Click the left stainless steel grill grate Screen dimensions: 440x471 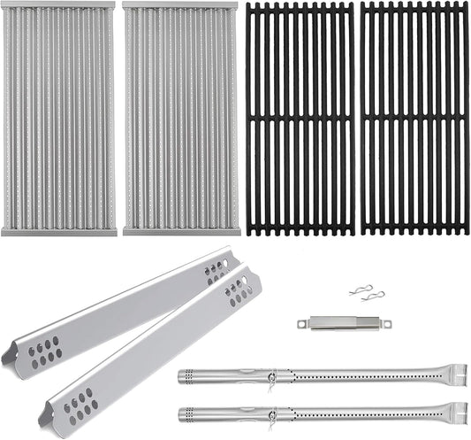(x=59, y=119)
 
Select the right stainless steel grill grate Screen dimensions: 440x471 (x=179, y=119)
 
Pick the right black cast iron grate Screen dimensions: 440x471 (x=414, y=119)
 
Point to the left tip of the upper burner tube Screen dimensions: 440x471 (x=182, y=375)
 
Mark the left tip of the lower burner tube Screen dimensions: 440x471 (x=182, y=413)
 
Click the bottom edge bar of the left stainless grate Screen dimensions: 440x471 (x=59, y=233)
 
